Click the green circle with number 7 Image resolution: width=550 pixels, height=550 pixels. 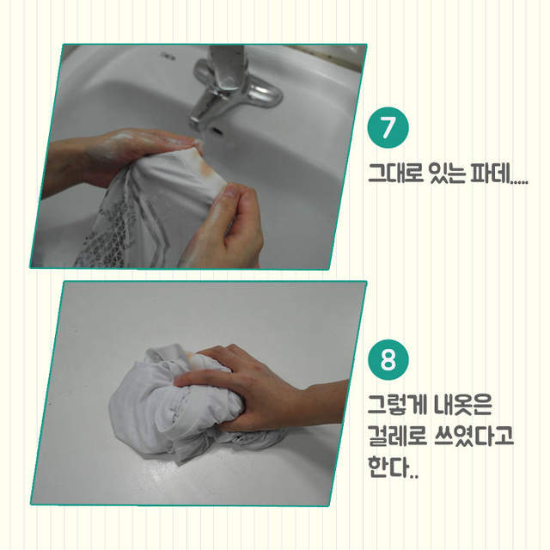pos(388,127)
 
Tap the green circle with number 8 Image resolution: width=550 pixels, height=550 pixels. pos(388,359)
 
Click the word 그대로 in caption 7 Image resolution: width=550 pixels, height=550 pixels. pos(395,173)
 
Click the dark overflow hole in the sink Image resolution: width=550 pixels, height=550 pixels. pos(217,131)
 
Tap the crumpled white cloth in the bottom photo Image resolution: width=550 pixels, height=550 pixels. pos(175,403)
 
